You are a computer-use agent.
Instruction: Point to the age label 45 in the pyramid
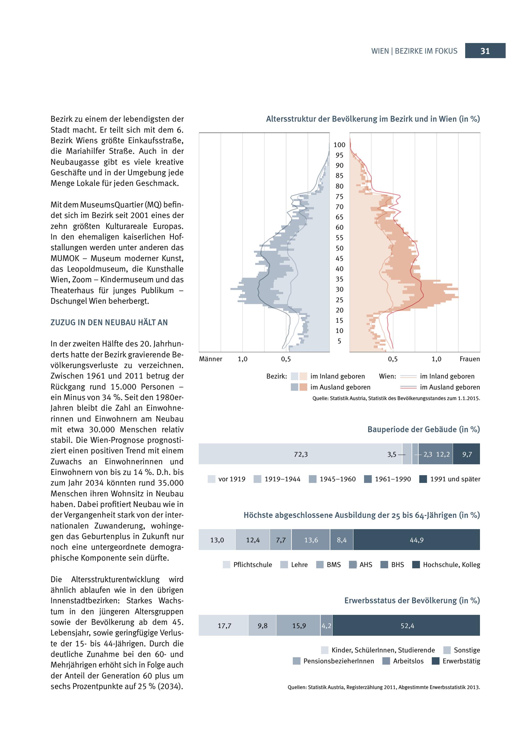(339, 259)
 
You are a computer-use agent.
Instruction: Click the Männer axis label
(211, 359)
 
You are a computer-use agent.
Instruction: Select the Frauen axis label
(469, 359)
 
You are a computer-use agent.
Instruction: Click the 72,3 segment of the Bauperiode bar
(301, 454)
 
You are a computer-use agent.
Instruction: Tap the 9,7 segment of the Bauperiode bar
(466, 454)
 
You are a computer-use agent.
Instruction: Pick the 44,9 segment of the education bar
(417, 540)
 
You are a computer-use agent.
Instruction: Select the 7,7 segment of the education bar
(281, 540)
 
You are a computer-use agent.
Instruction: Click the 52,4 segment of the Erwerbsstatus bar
(407, 626)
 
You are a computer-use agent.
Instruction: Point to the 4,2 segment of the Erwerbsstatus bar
(326, 626)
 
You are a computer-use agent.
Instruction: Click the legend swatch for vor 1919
(212, 479)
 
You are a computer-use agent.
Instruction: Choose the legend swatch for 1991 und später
(423, 479)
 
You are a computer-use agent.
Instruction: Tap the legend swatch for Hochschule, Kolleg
(416, 565)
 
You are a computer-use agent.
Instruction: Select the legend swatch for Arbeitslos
(386, 661)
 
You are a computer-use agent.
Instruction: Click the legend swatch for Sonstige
(447, 650)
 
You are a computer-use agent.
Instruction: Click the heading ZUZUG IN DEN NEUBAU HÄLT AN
(109, 322)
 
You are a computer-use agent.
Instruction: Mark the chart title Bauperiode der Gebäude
(423, 429)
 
